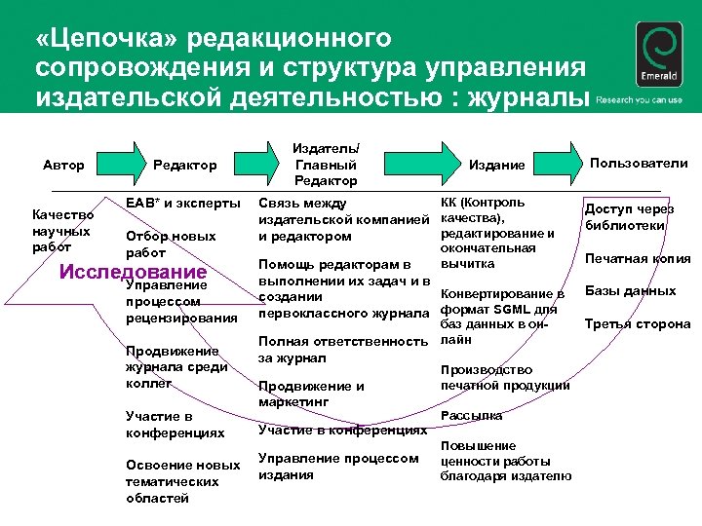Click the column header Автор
click(63, 165)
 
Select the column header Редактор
click(184, 165)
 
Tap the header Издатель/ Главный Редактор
click(326, 164)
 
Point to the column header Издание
click(503, 165)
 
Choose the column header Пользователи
click(640, 164)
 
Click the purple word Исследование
click(134, 272)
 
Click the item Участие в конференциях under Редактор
click(175, 425)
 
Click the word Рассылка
click(471, 415)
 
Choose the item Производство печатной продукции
click(505, 377)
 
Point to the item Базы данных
click(630, 290)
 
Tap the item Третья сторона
click(637, 323)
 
